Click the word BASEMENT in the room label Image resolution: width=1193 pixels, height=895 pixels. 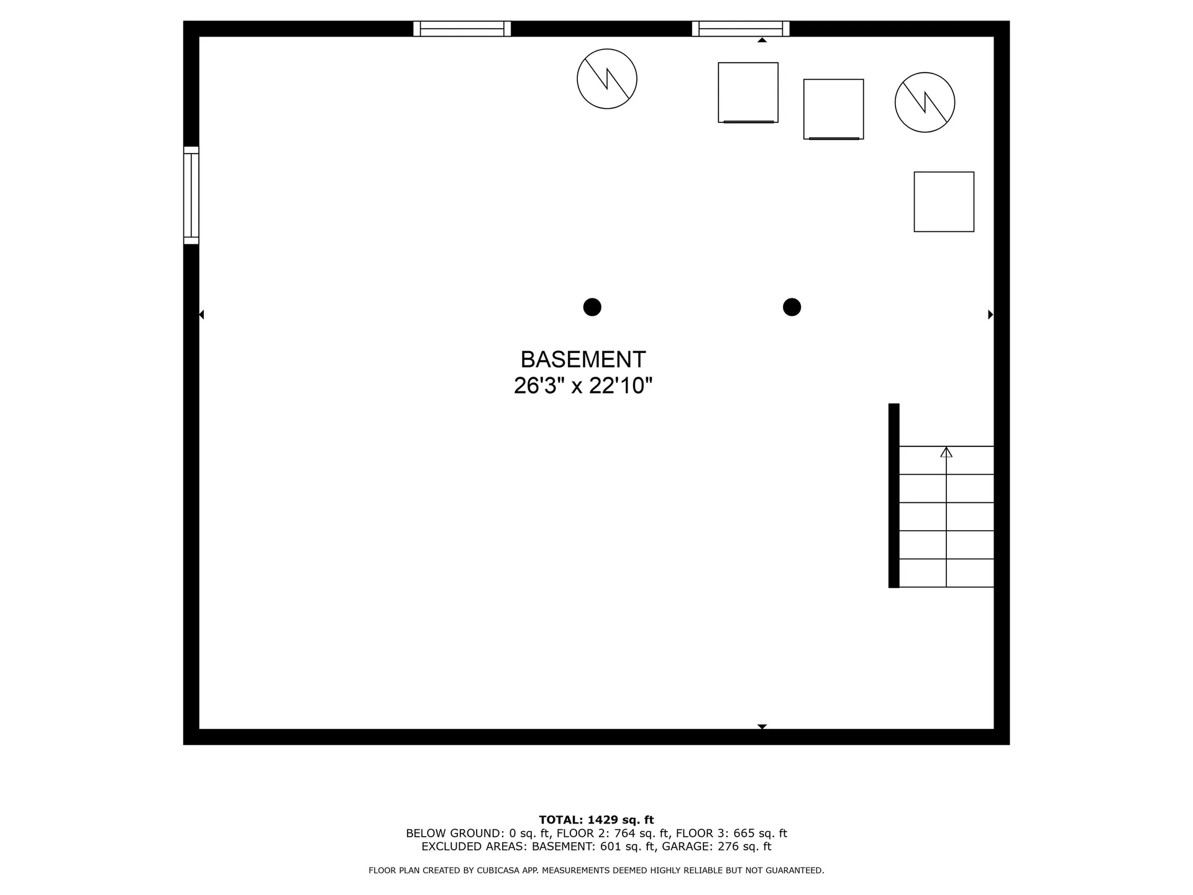click(x=583, y=359)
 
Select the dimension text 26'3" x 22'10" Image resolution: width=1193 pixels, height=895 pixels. click(x=583, y=386)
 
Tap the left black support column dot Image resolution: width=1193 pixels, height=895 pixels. click(x=592, y=307)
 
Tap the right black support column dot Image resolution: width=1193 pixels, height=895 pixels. click(x=792, y=307)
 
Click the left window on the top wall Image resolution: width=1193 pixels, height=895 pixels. click(x=462, y=29)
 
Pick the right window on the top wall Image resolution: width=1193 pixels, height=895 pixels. click(x=741, y=29)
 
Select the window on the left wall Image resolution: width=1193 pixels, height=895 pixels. click(x=191, y=195)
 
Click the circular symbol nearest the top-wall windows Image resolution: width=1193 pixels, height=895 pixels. click(x=607, y=79)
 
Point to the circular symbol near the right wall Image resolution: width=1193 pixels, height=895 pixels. click(x=925, y=103)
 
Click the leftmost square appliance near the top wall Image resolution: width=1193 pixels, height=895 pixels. click(x=748, y=93)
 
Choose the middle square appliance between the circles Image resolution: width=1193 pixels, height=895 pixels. click(x=833, y=109)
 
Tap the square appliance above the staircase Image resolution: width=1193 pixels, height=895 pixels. click(x=944, y=202)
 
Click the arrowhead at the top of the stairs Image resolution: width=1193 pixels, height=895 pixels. click(x=946, y=452)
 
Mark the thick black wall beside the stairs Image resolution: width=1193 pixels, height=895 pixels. click(x=894, y=495)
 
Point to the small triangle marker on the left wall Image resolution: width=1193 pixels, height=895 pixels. click(x=201, y=314)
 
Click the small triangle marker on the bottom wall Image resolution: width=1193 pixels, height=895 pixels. click(x=762, y=726)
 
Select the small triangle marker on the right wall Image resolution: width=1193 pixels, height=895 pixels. click(x=990, y=314)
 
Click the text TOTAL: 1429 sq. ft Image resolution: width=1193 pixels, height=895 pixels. click(x=596, y=820)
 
